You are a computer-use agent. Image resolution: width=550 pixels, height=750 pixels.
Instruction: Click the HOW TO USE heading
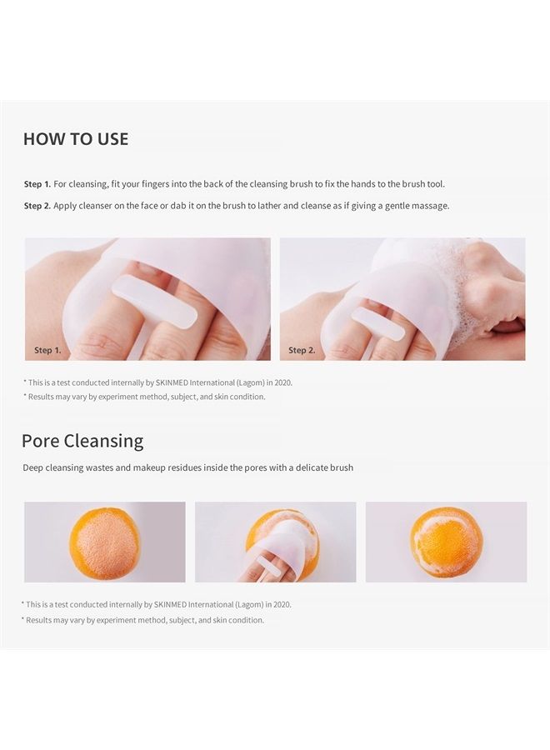pyautogui.click(x=76, y=139)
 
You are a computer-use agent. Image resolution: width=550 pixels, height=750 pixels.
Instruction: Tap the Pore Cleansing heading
pyautogui.click(x=82, y=441)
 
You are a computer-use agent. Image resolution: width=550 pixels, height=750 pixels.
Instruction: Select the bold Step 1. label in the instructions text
pyautogui.click(x=37, y=183)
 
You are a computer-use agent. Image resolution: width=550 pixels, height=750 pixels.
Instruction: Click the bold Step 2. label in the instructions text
pyautogui.click(x=37, y=205)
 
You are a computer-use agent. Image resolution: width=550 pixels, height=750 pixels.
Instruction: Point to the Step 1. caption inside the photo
pyautogui.click(x=47, y=350)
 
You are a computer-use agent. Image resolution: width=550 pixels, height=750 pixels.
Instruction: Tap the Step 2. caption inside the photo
pyautogui.click(x=302, y=350)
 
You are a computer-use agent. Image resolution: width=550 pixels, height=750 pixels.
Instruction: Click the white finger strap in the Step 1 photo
pyautogui.click(x=154, y=301)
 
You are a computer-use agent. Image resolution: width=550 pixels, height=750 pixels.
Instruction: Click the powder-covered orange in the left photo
pyautogui.click(x=104, y=542)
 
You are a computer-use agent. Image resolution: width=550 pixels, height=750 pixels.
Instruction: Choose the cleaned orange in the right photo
pyautogui.click(x=446, y=542)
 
